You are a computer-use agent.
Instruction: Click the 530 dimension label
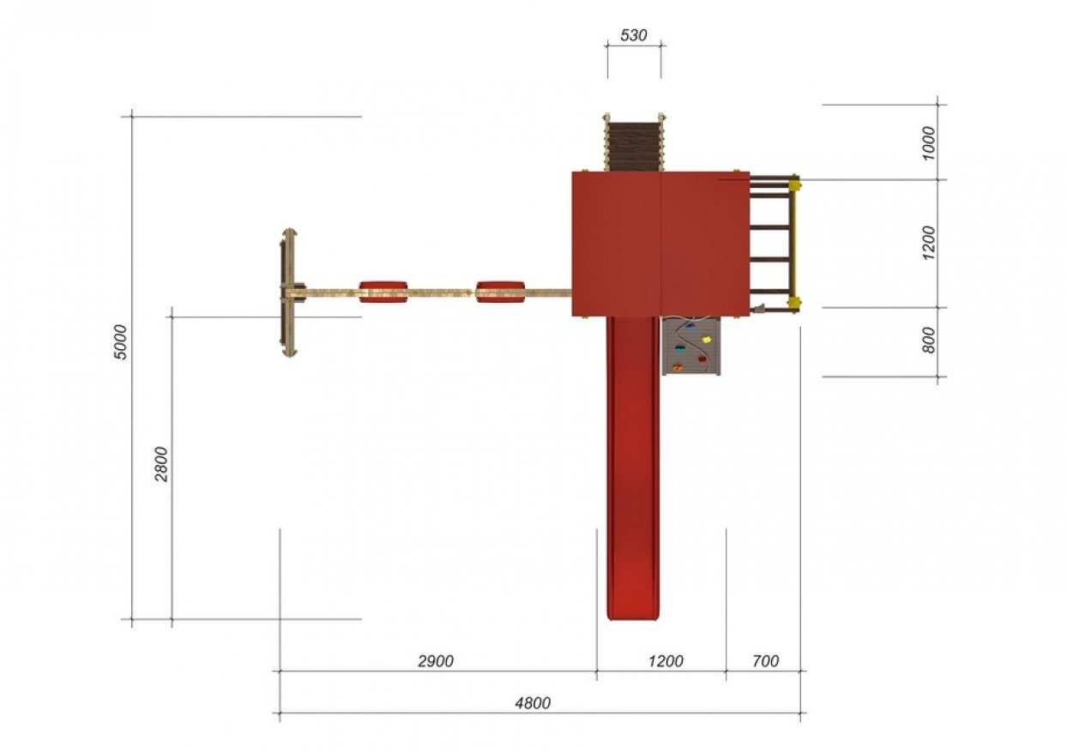[x=634, y=35]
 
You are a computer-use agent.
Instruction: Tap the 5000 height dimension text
[x=121, y=342]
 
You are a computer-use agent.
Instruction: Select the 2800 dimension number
[x=161, y=464]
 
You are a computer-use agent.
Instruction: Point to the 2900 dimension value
[x=436, y=661]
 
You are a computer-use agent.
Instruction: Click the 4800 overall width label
[x=533, y=703]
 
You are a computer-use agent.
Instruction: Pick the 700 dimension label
[x=765, y=661]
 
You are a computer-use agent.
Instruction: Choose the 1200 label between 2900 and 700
[x=666, y=661]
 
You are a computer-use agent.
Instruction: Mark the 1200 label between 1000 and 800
[x=929, y=243]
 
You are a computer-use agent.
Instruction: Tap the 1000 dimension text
[x=929, y=143]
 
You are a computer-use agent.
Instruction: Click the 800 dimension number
[x=929, y=340]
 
